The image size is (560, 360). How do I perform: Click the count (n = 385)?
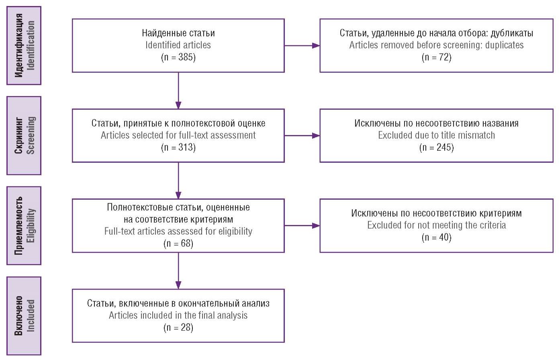[x=178, y=57]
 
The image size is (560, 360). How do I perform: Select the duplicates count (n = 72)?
[x=437, y=57]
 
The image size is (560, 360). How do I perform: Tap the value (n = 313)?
[x=178, y=147]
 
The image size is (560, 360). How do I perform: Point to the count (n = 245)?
[x=437, y=147]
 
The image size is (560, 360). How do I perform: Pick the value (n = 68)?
[x=178, y=243]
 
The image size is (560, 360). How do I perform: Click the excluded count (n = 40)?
[x=437, y=237]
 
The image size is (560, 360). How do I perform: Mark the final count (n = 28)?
[x=178, y=327]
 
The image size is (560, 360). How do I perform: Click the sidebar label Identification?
[x=31, y=45]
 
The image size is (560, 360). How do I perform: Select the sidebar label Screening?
[x=31, y=135]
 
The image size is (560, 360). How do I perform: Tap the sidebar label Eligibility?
[x=31, y=225]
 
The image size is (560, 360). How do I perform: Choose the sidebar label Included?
[x=31, y=316]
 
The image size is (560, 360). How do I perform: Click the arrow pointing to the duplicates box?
[x=302, y=45]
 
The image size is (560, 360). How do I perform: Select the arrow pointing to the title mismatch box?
[x=302, y=135]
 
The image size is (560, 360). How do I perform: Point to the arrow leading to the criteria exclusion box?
[x=302, y=225]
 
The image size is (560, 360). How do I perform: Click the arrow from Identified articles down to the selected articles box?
[x=178, y=91]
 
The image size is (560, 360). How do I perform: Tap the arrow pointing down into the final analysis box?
[x=178, y=271]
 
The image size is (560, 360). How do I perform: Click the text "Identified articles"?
[x=178, y=45]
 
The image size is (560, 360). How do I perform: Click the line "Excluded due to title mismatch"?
[x=437, y=135]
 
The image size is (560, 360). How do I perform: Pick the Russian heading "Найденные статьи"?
[x=178, y=33]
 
